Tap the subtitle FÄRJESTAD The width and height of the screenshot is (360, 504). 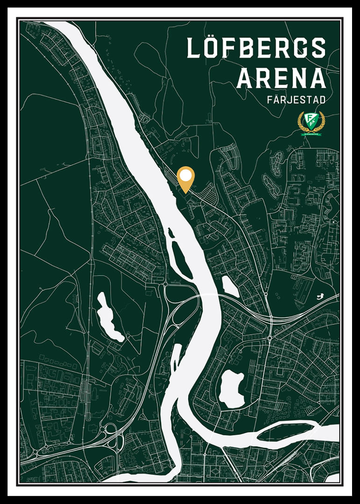click(296, 100)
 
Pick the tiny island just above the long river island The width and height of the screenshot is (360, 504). click(171, 232)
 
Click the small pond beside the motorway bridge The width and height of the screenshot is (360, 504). click(230, 286)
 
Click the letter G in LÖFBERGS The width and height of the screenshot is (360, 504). click(298, 48)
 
